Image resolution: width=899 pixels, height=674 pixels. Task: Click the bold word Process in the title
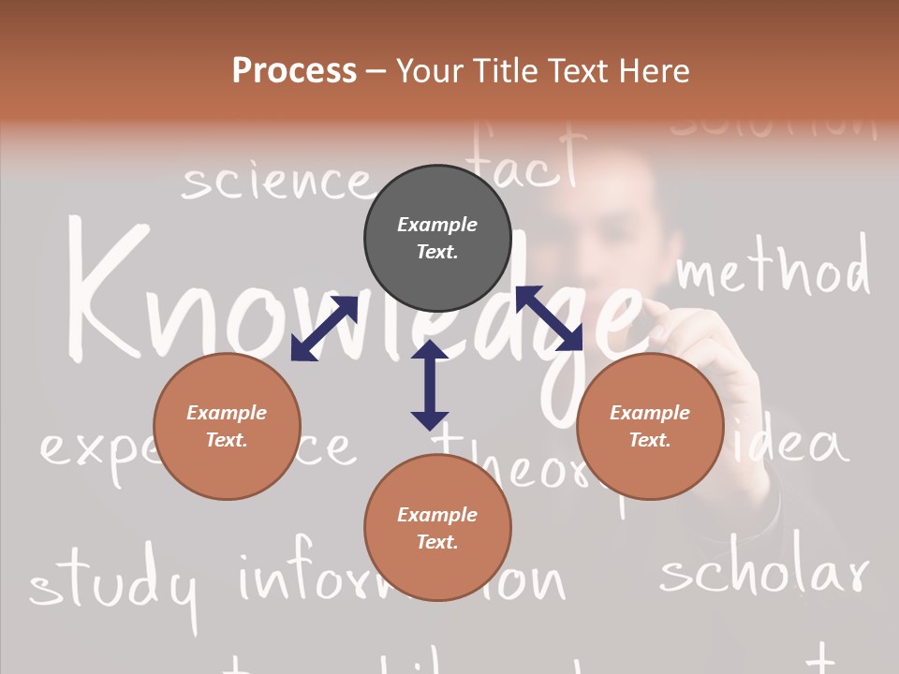click(x=294, y=71)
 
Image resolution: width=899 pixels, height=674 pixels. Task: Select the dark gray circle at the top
click(x=437, y=238)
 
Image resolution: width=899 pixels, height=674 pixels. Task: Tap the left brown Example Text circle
click(x=227, y=426)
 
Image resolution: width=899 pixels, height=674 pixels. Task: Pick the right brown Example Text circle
click(x=650, y=426)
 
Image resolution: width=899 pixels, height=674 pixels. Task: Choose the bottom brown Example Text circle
click(x=437, y=528)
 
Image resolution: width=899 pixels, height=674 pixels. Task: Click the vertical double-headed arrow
click(x=430, y=385)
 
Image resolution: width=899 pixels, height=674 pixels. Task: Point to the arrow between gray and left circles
click(x=324, y=328)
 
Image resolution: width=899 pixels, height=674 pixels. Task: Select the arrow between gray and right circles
click(x=550, y=318)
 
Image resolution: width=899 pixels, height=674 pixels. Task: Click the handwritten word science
click(x=275, y=182)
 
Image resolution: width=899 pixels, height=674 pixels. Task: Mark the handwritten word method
click(x=773, y=269)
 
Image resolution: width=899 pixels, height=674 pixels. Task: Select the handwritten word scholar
click(x=763, y=566)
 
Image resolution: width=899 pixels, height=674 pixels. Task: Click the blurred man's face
click(x=609, y=225)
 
